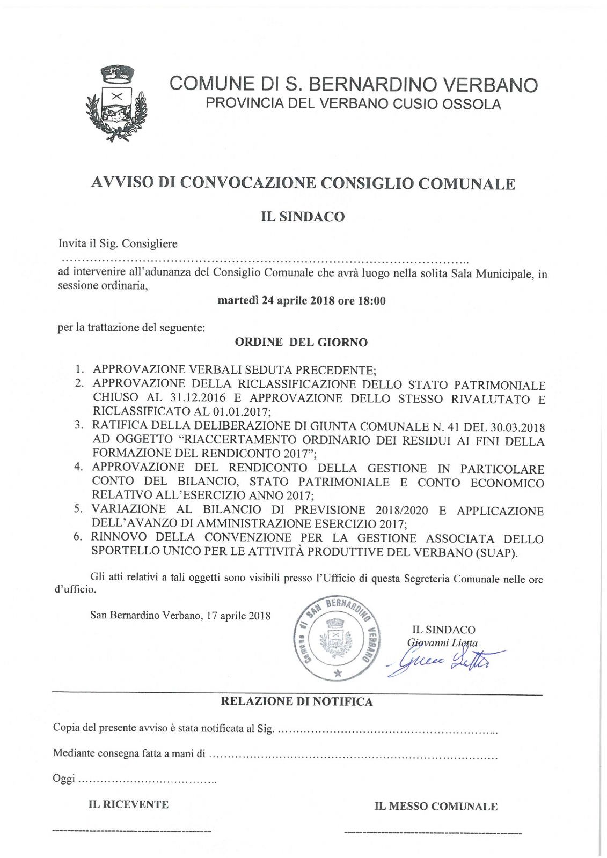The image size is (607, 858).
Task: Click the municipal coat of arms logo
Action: coord(116,103)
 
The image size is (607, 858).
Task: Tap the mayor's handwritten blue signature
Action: coord(444,661)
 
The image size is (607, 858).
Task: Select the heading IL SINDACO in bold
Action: coord(303,217)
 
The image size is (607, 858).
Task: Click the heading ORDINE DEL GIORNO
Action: coord(301,343)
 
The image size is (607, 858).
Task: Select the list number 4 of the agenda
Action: coord(79,467)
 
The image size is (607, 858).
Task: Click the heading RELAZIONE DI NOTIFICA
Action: coord(297,701)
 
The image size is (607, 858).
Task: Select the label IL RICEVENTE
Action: coord(128,804)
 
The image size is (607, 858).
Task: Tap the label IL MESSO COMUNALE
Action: coord(436,806)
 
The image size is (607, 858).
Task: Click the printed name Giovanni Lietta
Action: coord(442,642)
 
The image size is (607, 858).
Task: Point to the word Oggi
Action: coord(64,779)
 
